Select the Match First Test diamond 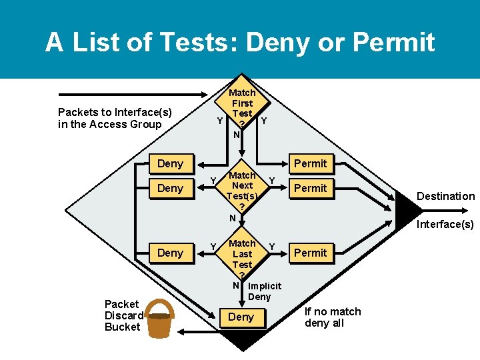click(242, 110)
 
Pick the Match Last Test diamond click(242, 255)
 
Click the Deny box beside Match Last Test click(170, 253)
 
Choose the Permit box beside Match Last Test click(311, 253)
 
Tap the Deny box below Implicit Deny click(241, 317)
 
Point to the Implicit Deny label click(263, 291)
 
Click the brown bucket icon click(159, 323)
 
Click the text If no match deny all click(333, 317)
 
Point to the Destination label click(445, 196)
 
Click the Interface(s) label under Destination click(445, 224)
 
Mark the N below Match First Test click(236, 135)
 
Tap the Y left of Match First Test click(219, 121)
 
